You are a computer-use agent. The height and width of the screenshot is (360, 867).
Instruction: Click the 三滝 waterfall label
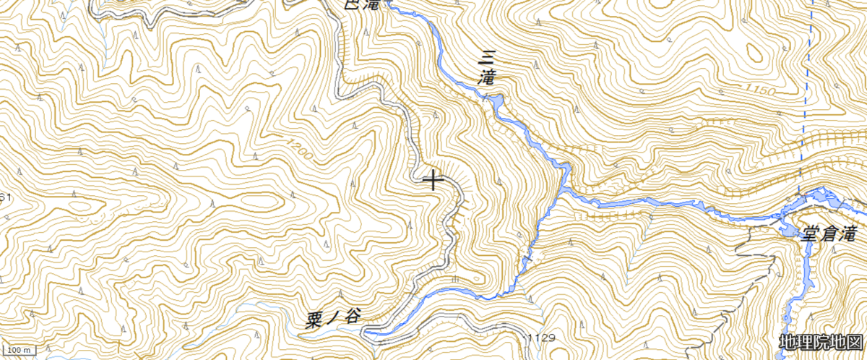click(488, 66)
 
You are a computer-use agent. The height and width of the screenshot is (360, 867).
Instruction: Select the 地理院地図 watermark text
click(821, 342)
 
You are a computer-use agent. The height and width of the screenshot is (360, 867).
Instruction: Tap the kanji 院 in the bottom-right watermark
click(821, 342)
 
